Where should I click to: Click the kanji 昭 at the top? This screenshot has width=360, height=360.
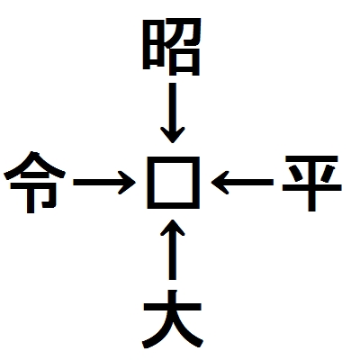[x=171, y=47]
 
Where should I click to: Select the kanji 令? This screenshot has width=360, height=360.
[x=34, y=182]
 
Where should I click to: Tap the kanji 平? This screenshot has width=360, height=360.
[x=311, y=184]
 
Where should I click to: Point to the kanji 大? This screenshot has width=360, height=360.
[x=173, y=319]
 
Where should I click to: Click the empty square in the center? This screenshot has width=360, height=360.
[x=173, y=183]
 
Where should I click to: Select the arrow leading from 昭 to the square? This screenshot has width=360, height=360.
[x=173, y=112]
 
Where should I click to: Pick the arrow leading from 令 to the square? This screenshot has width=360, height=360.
[x=104, y=183]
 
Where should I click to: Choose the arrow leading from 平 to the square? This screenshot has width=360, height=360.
[x=242, y=183]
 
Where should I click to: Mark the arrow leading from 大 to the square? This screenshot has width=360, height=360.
[x=173, y=249]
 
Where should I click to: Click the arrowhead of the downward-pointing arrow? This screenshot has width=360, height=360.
[x=173, y=135]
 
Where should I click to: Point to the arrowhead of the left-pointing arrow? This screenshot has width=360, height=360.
[x=220, y=183]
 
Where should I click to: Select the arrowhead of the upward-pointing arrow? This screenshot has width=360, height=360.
[x=173, y=228]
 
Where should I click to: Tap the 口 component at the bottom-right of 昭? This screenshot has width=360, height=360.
[x=184, y=62]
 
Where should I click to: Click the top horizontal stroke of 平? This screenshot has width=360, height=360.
[x=311, y=158]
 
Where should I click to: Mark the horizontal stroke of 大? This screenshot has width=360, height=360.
[x=173, y=307]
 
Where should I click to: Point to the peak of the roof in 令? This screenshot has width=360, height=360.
[x=35, y=154]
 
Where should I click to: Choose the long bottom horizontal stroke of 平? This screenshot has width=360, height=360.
[x=311, y=188]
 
